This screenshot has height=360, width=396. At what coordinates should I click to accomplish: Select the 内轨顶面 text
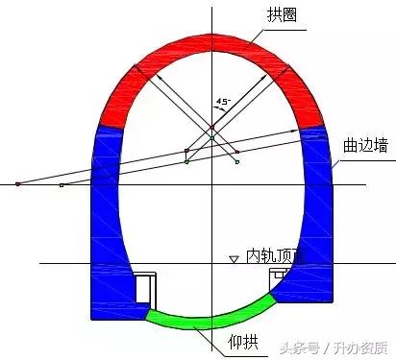(x=274, y=257)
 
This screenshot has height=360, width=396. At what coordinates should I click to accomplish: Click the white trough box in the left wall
(x=144, y=288)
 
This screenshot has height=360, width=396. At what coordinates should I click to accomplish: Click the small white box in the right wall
(x=279, y=276)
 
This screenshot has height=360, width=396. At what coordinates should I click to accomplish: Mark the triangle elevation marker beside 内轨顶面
(x=233, y=258)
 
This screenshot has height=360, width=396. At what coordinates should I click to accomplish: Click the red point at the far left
(x=17, y=182)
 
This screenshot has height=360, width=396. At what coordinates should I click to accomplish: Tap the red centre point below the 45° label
(x=212, y=127)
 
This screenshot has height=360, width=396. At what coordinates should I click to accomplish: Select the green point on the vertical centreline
(x=212, y=138)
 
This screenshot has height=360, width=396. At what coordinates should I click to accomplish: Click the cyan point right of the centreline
(x=237, y=161)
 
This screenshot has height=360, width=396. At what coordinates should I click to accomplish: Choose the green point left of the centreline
(x=187, y=161)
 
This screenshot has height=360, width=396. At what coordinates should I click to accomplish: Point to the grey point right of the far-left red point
(x=61, y=183)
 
